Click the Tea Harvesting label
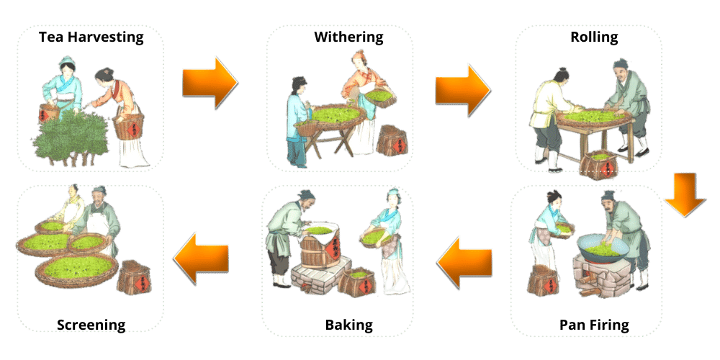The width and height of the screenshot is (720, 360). (91, 37)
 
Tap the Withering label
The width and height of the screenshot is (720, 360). (348, 36)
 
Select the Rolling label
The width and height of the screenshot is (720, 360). (594, 36)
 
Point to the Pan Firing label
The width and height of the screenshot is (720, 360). (594, 325)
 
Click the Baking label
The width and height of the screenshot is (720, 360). (349, 325)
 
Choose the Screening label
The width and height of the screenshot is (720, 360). (91, 325)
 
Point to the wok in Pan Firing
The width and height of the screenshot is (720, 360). (603, 248)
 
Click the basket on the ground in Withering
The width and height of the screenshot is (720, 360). (393, 140)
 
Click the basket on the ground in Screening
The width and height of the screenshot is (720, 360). (135, 276)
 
